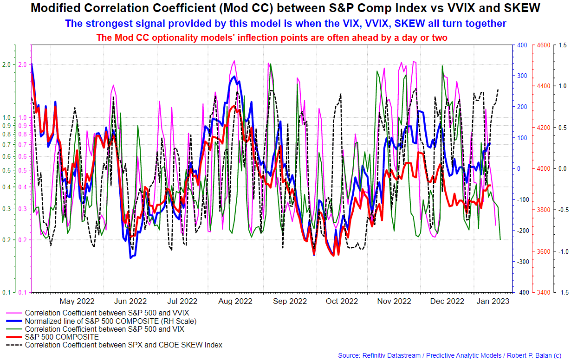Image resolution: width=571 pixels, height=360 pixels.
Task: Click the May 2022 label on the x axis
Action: pos(77,301)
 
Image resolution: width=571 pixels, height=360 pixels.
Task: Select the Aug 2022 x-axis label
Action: pos(235,301)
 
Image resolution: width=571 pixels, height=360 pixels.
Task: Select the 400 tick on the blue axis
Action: pos(522,45)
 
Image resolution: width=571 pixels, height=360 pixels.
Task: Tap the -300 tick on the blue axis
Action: pos(521,262)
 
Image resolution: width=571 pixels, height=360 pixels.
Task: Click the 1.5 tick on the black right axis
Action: pos(563,45)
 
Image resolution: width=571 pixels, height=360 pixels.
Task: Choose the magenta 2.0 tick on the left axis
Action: pos(23,64)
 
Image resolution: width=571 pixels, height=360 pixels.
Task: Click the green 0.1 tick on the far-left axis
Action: pos(7,293)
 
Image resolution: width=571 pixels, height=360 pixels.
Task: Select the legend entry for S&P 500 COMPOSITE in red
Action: pos(62,337)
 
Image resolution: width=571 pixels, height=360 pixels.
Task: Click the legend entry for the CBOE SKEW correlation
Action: pos(123,345)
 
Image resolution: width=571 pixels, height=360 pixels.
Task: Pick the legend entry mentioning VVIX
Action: pos(107,313)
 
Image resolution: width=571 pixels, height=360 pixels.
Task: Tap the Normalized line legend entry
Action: pos(110,321)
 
